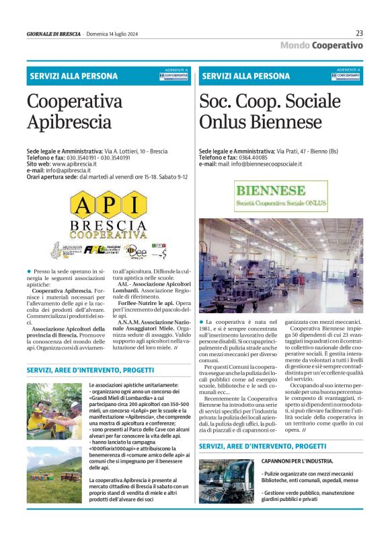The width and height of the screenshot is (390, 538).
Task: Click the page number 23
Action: click(x=359, y=32)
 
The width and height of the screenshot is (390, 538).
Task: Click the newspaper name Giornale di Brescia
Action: click(x=53, y=33)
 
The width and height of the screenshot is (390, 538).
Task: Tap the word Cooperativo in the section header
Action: click(x=337, y=45)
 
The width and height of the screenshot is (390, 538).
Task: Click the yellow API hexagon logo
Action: click(x=108, y=205)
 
